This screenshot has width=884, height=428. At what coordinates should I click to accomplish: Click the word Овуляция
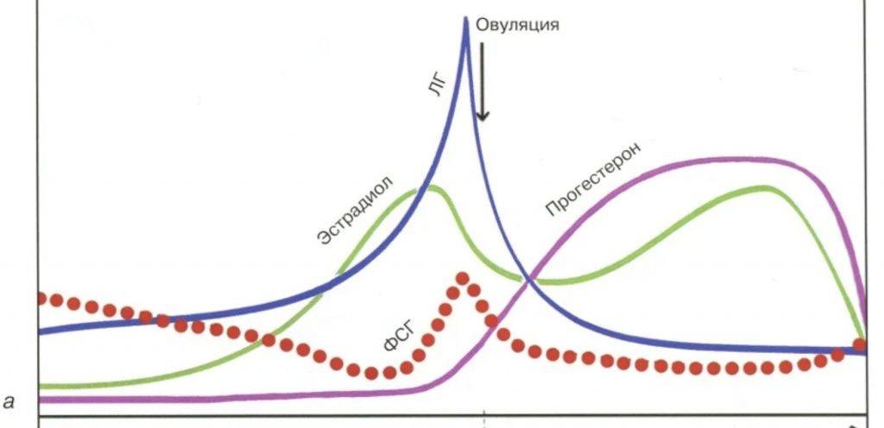518,24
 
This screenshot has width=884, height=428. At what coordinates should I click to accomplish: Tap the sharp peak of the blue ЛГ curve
466,19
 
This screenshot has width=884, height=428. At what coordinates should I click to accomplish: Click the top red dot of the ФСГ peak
463,278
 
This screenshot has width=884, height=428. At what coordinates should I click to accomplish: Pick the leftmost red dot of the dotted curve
41,298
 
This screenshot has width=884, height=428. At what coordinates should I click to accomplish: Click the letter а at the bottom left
10,400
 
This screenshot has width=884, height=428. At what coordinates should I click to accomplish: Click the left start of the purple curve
41,400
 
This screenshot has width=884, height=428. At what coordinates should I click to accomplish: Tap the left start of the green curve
41,385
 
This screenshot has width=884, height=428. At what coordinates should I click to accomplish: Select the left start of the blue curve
41,330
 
